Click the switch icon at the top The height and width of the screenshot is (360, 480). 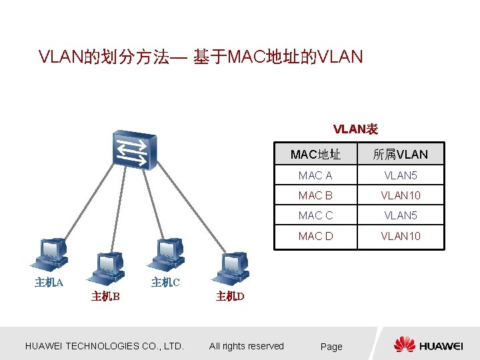tap(134, 150)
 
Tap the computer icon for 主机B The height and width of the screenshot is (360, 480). tap(107, 269)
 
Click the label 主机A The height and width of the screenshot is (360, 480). tap(49, 283)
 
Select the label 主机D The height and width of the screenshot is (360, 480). tap(230, 297)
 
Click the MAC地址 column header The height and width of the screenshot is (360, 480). tap(315, 155)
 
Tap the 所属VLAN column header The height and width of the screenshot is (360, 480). tap(400, 155)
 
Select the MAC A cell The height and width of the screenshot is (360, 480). tap(315, 176)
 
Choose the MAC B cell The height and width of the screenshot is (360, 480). tap(315, 196)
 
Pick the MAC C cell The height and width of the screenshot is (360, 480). tap(315, 216)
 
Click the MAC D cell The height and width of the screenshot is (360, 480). tap(315, 236)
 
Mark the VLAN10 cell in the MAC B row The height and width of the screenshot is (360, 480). tap(401, 196)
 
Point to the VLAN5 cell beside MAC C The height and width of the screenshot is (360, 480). tap(401, 216)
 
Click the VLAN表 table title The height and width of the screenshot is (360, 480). tap(355, 128)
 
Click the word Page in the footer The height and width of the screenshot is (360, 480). tap(331, 347)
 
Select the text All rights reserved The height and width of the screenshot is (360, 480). tap(246, 346)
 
